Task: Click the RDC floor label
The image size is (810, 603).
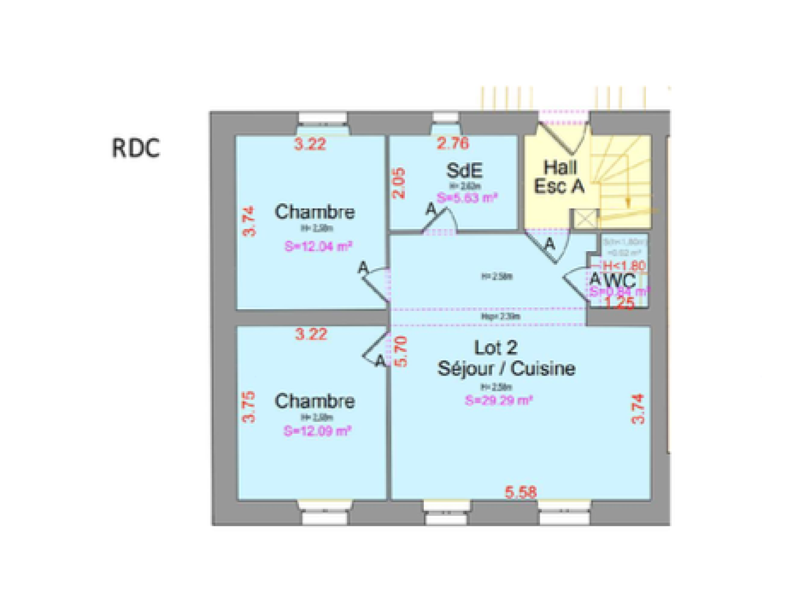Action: pyautogui.click(x=136, y=148)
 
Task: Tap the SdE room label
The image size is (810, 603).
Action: pyautogui.click(x=464, y=170)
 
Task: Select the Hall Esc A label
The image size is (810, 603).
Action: pyautogui.click(x=559, y=177)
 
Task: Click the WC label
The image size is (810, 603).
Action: pyautogui.click(x=620, y=280)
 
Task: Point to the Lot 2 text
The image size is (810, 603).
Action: pyautogui.click(x=496, y=348)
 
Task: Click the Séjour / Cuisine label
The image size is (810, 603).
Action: pyautogui.click(x=506, y=369)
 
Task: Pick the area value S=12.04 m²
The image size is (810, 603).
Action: pyautogui.click(x=318, y=247)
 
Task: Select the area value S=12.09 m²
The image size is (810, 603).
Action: pyautogui.click(x=317, y=431)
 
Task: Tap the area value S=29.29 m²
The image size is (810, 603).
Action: pyautogui.click(x=499, y=400)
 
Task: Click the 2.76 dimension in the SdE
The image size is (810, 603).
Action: pyautogui.click(x=453, y=143)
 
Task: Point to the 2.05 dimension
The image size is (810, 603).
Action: pyautogui.click(x=399, y=183)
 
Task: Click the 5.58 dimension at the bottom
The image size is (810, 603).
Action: pyautogui.click(x=520, y=492)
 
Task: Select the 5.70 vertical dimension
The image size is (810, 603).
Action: pyautogui.click(x=400, y=351)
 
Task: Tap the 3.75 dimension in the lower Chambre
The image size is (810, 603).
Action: pyautogui.click(x=249, y=407)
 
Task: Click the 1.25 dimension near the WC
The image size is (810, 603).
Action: pyautogui.click(x=620, y=303)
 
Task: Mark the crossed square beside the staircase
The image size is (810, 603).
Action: pyautogui.click(x=586, y=219)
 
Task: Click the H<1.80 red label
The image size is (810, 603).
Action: pyautogui.click(x=624, y=265)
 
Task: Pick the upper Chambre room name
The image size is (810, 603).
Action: pyautogui.click(x=314, y=212)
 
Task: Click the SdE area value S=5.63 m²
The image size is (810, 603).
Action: pyautogui.click(x=467, y=198)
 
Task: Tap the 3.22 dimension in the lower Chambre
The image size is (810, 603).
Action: pyautogui.click(x=311, y=334)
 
